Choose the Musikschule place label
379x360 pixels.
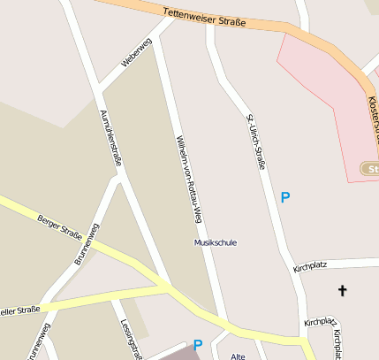(x=216, y=241)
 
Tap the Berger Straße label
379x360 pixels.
(x=59, y=227)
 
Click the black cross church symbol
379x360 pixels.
(x=342, y=290)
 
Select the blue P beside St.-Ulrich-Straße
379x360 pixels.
(x=284, y=197)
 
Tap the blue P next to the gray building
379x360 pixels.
(x=198, y=346)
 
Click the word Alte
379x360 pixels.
(x=237, y=356)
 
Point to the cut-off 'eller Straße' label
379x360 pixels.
(x=20, y=311)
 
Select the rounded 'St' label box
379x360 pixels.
(x=371, y=168)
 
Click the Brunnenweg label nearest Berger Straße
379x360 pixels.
(x=87, y=244)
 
